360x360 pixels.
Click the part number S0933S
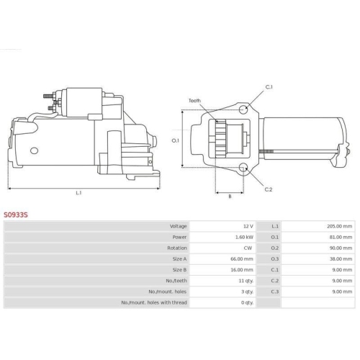(16, 215)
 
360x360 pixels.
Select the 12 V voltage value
(248, 226)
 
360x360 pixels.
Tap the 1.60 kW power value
(244, 237)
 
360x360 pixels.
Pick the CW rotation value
(248, 248)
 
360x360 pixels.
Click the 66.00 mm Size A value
(242, 259)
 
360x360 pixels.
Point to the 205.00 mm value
(340, 226)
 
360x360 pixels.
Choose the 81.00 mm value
(341, 237)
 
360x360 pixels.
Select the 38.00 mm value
(341, 259)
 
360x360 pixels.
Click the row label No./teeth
(176, 281)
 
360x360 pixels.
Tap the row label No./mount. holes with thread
(154, 302)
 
